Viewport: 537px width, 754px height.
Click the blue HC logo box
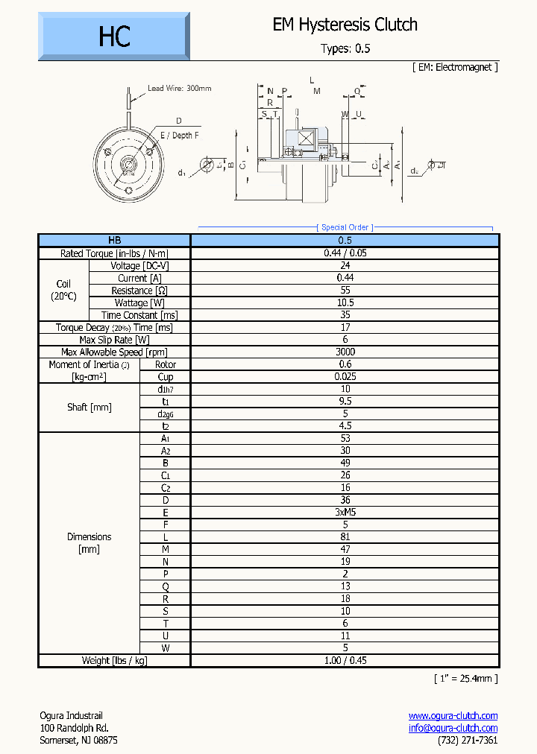pos(114,37)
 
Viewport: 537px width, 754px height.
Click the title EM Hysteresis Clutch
pos(345,25)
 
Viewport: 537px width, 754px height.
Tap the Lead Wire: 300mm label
pos(179,88)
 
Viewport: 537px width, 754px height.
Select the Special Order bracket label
pos(345,227)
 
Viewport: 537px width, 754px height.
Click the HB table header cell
pos(114,240)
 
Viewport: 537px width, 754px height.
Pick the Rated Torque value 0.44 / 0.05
pos(345,253)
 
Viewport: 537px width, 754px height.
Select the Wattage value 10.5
pos(345,302)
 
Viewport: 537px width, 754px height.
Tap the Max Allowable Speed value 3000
pos(345,352)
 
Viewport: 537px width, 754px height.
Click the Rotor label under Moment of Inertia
pos(165,364)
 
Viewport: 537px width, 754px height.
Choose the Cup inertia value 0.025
pos(345,376)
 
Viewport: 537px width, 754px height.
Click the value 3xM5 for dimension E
pos(345,513)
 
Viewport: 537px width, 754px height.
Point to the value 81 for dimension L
pos(345,537)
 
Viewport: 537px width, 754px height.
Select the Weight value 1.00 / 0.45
pos(345,660)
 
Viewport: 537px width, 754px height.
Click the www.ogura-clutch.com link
pos(453,716)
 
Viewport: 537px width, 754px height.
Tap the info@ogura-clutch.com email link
pos(453,728)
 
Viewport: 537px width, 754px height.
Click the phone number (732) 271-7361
pos(467,740)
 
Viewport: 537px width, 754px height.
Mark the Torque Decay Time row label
pos(114,328)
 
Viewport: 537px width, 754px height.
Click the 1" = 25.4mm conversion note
pos(465,678)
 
